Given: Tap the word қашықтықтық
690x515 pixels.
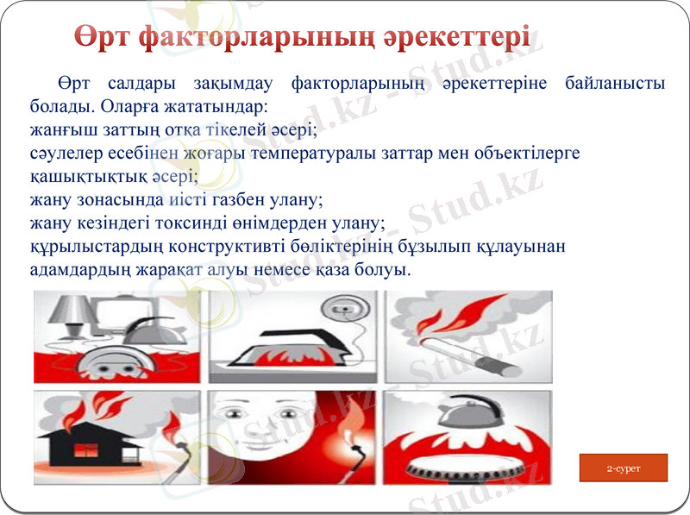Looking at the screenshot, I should pyautogui.click(x=71, y=176).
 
